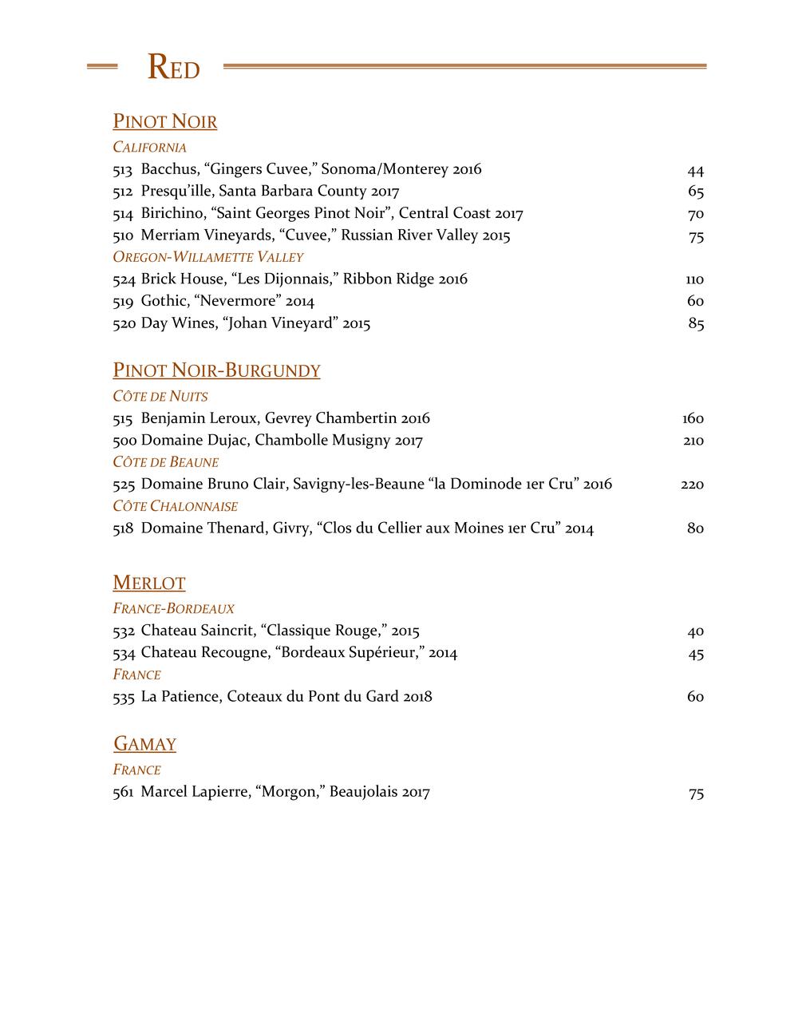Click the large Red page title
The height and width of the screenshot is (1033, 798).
click(173, 69)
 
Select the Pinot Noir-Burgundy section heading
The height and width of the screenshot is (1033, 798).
click(216, 370)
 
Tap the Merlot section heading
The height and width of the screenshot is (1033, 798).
click(149, 583)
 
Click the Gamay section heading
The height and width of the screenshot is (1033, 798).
click(144, 744)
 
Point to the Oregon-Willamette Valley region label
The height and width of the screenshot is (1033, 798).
click(207, 257)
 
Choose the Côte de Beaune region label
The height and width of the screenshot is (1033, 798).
click(165, 462)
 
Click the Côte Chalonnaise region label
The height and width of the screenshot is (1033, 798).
click(175, 506)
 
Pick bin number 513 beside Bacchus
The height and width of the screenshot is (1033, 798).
click(122, 169)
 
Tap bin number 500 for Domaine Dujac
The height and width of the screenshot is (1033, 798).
click(124, 441)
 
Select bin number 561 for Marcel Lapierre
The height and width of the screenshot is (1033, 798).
click(123, 793)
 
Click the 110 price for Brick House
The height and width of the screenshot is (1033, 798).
click(694, 279)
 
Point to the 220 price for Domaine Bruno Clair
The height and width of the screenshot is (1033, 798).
click(692, 485)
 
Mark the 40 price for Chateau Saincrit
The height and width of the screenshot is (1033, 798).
click(695, 631)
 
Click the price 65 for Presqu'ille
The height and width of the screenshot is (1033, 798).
click(695, 192)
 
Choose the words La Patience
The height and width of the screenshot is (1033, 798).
click(180, 697)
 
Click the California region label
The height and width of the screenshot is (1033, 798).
click(149, 148)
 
